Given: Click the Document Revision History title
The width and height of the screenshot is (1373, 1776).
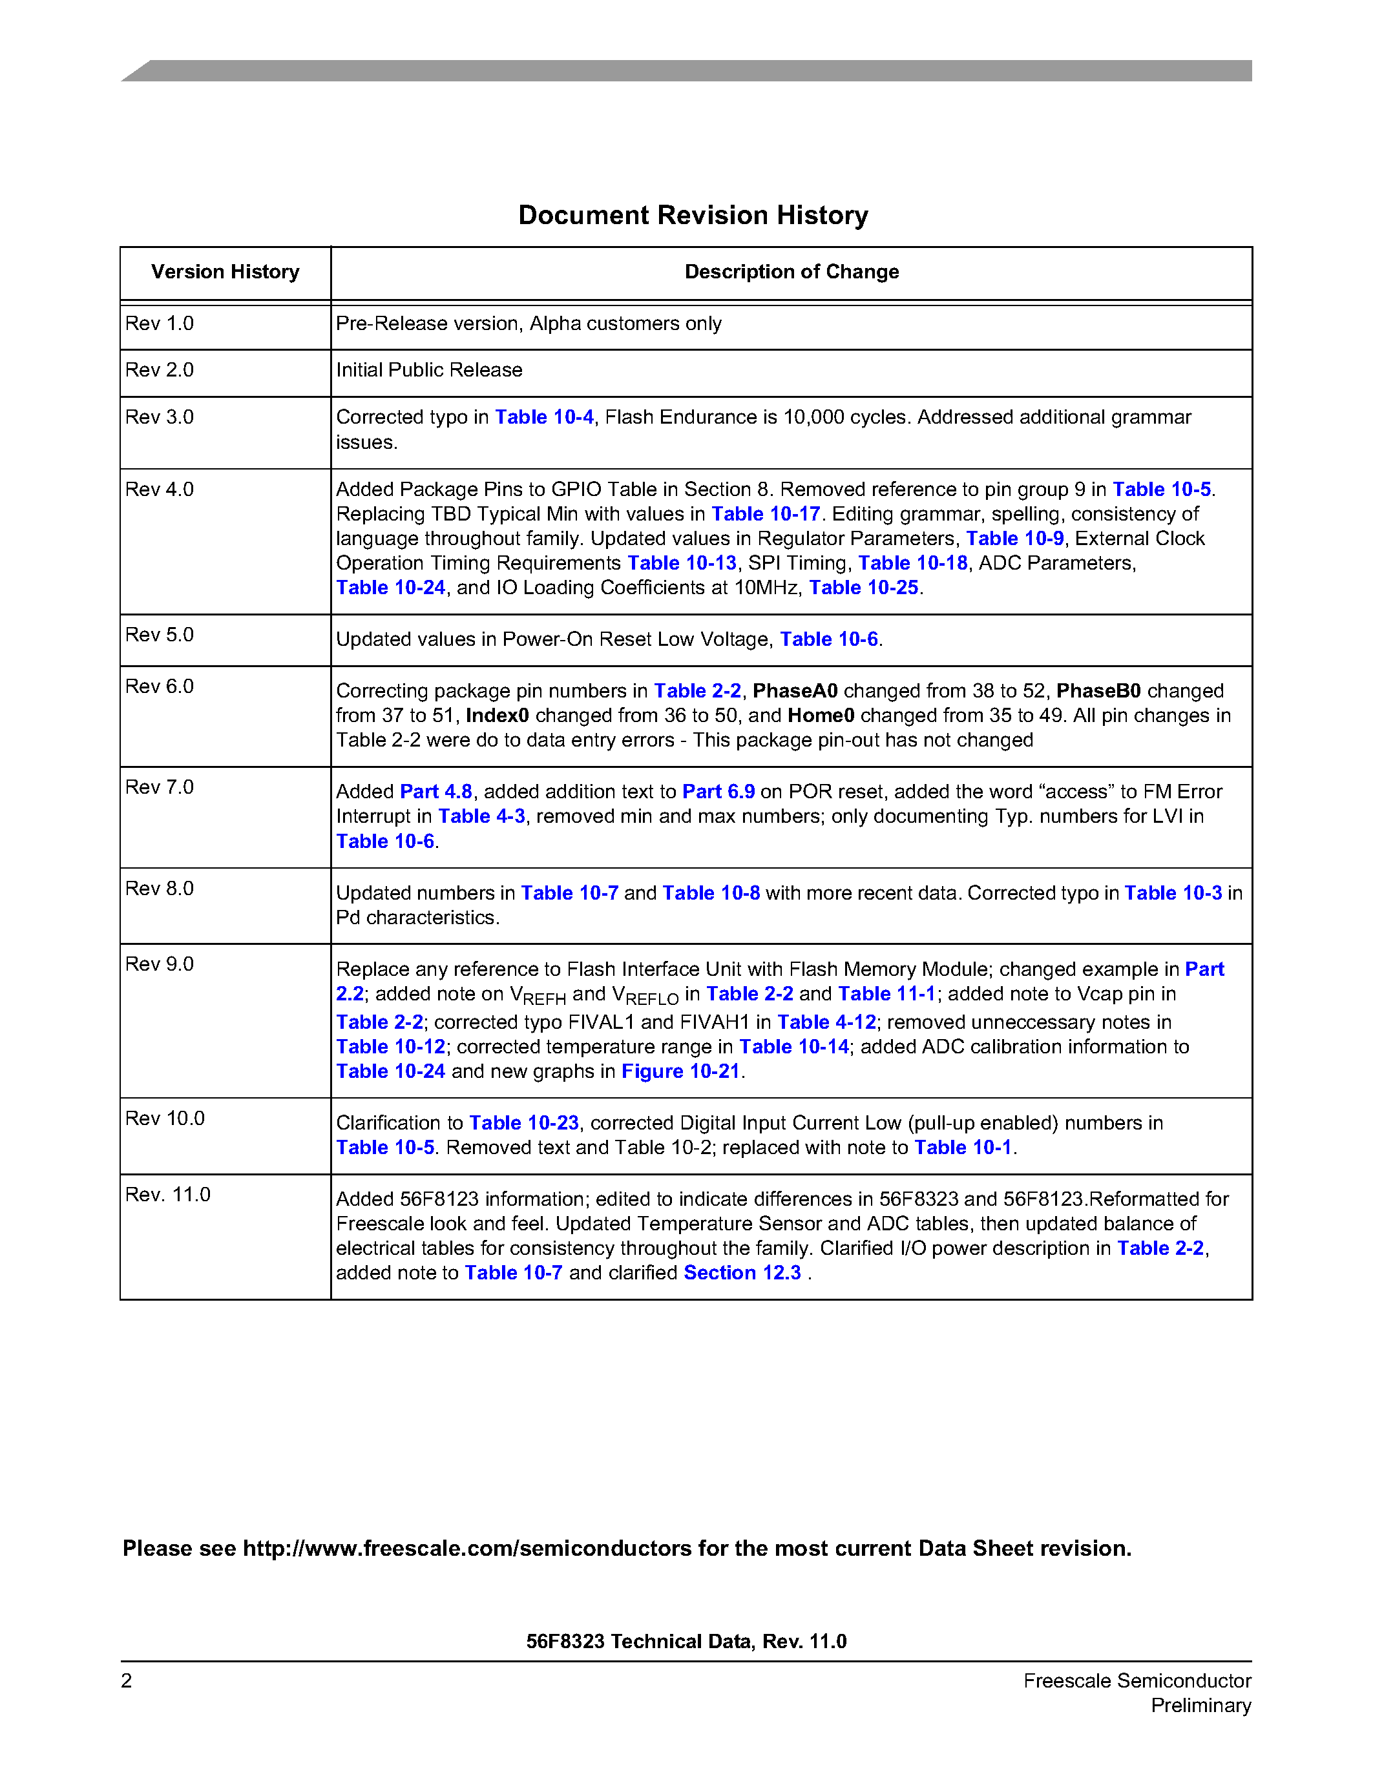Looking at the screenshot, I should [x=693, y=216].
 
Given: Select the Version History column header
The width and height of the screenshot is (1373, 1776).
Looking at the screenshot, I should [x=225, y=272].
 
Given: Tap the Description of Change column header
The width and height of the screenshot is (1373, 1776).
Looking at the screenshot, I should [x=791, y=272].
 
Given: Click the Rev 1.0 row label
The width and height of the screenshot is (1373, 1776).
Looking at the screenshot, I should [x=160, y=324].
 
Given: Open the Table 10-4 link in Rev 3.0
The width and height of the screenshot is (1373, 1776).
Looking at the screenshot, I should [x=544, y=417].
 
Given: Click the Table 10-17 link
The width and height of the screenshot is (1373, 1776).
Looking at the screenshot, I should [x=766, y=514].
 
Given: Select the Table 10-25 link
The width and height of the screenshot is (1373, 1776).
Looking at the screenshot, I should [x=863, y=587].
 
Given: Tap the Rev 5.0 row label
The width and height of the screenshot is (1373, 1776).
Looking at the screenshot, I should [x=160, y=634].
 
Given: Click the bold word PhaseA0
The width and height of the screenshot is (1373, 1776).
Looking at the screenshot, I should [x=795, y=691].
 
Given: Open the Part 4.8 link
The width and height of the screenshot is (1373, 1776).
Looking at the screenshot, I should [x=436, y=792].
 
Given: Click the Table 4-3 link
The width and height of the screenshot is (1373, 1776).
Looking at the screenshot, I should [x=481, y=816].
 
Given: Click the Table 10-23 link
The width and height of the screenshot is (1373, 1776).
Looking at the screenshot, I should [x=524, y=1123].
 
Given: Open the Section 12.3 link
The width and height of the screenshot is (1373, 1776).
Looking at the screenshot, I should [x=742, y=1273].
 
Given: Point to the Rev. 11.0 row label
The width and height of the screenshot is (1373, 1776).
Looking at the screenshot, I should [x=167, y=1195].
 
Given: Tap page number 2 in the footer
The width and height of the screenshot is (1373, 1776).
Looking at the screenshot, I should [x=127, y=1681].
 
